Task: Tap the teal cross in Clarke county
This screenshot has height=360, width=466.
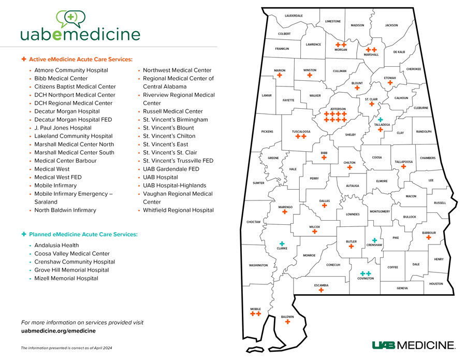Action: point(282,243)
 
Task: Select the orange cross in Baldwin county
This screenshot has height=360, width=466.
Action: point(287,322)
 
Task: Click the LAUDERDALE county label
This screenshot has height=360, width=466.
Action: point(294,16)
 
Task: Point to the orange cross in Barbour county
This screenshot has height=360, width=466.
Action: point(429,238)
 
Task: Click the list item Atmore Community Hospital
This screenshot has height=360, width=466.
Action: point(71,70)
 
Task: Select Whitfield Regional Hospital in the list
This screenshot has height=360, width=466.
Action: point(178,210)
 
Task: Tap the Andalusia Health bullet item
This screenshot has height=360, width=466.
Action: point(56,245)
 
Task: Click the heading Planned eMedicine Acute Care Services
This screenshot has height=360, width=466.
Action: point(83,235)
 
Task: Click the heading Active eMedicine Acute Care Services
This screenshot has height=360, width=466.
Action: point(80,60)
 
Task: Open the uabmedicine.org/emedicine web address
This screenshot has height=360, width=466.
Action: point(58,330)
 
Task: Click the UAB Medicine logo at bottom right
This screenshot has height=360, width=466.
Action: point(413,345)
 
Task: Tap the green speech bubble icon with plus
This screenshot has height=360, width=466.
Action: point(70,19)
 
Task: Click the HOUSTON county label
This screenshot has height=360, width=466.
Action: point(436,283)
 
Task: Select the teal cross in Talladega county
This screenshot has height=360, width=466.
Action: point(380,120)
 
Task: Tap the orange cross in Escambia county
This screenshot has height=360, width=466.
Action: point(321,290)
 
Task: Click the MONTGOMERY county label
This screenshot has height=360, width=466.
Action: point(380,211)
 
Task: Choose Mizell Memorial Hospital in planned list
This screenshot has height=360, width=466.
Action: point(66,278)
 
